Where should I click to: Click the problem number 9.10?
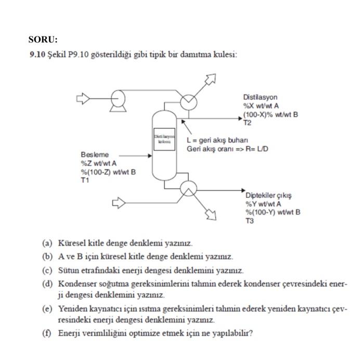(37, 55)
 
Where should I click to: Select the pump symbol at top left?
(118, 98)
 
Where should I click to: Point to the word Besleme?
(95, 155)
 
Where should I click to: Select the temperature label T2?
(247, 123)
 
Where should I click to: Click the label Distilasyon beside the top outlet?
(260, 97)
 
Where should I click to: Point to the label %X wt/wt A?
(261, 105)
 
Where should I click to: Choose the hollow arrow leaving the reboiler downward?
(211, 212)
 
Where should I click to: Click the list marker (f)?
(47, 332)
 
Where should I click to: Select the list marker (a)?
(47, 243)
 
